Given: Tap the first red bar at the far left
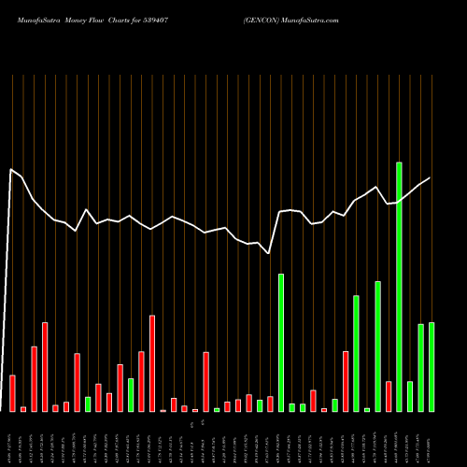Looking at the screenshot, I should (x=13, y=393).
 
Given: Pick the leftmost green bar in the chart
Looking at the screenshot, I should (x=88, y=404).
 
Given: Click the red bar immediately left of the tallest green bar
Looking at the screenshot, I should (x=389, y=396).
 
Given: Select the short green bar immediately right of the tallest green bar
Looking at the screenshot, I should (x=410, y=396).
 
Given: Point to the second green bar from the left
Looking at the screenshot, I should (x=131, y=395).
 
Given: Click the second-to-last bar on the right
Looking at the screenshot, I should (x=421, y=368).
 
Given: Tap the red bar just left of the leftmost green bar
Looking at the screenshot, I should (x=78, y=383).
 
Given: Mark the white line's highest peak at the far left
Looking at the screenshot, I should (x=11, y=169).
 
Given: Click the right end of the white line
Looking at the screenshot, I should (x=431, y=177).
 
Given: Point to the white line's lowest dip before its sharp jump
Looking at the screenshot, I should (x=269, y=253).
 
